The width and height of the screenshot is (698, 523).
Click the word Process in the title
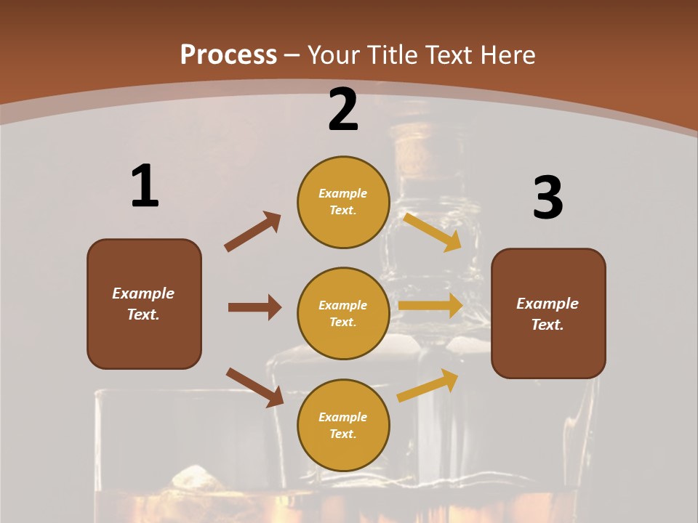[228, 54]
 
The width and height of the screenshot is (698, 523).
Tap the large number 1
[145, 186]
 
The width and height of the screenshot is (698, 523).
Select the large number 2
[343, 110]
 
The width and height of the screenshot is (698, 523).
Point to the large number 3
[547, 198]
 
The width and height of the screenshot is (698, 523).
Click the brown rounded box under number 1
[144, 304]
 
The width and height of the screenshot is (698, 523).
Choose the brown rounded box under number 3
[548, 314]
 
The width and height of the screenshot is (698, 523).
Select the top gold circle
[343, 202]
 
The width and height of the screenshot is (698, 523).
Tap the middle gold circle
[343, 314]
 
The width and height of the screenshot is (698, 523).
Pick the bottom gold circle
[343, 426]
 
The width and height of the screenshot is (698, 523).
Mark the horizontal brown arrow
[254, 307]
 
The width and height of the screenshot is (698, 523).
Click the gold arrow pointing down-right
[433, 232]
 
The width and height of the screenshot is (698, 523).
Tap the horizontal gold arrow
[430, 306]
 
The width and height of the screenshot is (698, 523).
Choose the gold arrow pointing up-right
[428, 385]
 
